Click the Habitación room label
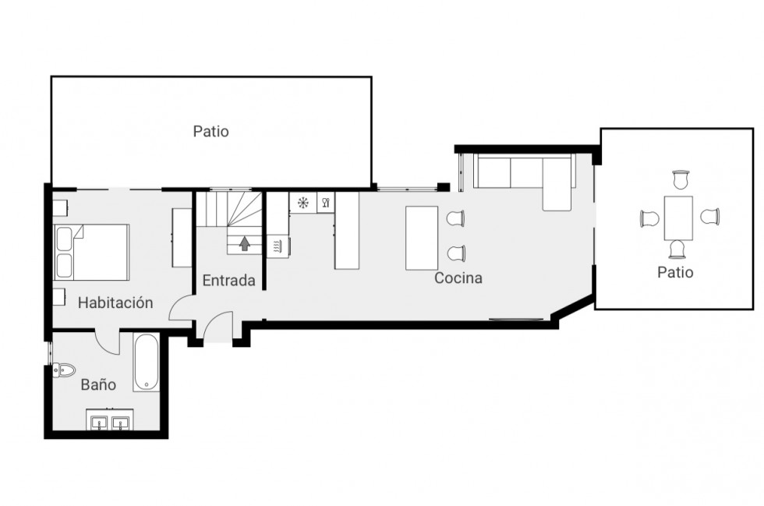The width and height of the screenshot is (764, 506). click(x=115, y=303)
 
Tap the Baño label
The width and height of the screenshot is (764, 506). click(x=98, y=384)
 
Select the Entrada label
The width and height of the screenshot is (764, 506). click(x=228, y=281)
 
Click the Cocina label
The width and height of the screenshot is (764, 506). click(x=458, y=278)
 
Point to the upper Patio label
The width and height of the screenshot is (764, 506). click(x=211, y=132)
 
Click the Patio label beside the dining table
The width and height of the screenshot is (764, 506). click(x=675, y=273)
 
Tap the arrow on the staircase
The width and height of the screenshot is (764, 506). click(x=244, y=244)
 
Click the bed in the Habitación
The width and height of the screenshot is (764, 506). click(x=92, y=252)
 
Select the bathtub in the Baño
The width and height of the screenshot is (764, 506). click(x=146, y=363)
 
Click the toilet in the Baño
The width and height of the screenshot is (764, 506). click(x=64, y=369)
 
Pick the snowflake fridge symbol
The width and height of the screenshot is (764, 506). click(x=302, y=203)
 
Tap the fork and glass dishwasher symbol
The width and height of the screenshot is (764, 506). click(x=325, y=203)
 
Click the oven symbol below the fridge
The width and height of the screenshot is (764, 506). click(x=277, y=247)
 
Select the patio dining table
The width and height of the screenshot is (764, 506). click(x=678, y=218)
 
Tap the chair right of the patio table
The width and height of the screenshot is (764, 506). click(x=709, y=217)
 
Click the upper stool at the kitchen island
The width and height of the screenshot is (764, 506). click(x=456, y=219)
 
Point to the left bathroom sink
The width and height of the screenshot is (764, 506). click(x=99, y=423)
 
